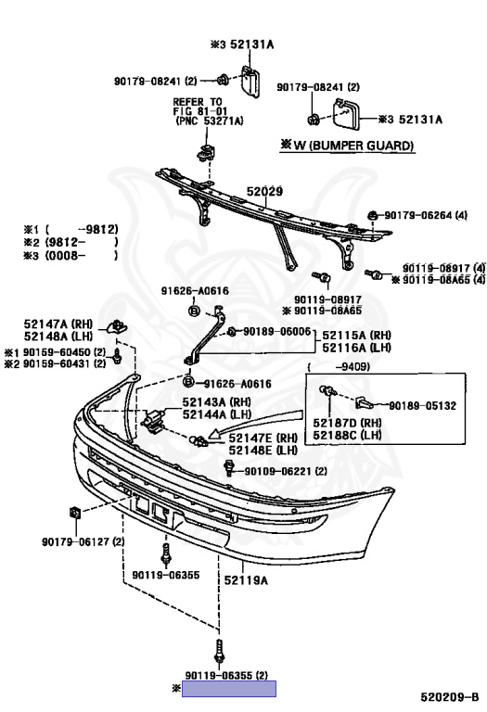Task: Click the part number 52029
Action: pos(264,191)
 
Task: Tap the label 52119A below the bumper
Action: pos(246,579)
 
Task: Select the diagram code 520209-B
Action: pos(449,697)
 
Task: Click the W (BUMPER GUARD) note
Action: pos(348,146)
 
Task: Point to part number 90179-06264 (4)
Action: pos(426,215)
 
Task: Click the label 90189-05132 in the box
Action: pos(422,405)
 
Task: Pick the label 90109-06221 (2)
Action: pos(286,471)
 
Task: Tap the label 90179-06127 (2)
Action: pos(83,541)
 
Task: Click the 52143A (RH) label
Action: pos(217,401)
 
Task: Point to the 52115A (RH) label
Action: pos(356,336)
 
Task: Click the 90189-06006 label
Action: pos(277,332)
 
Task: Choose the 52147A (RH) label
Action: pos(58,324)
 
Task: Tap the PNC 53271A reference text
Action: pos(210,121)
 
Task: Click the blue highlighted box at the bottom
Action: pos(229,689)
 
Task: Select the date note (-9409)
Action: pos(339,366)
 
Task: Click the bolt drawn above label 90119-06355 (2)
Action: pos(220,652)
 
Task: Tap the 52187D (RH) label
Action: pos(347,423)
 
